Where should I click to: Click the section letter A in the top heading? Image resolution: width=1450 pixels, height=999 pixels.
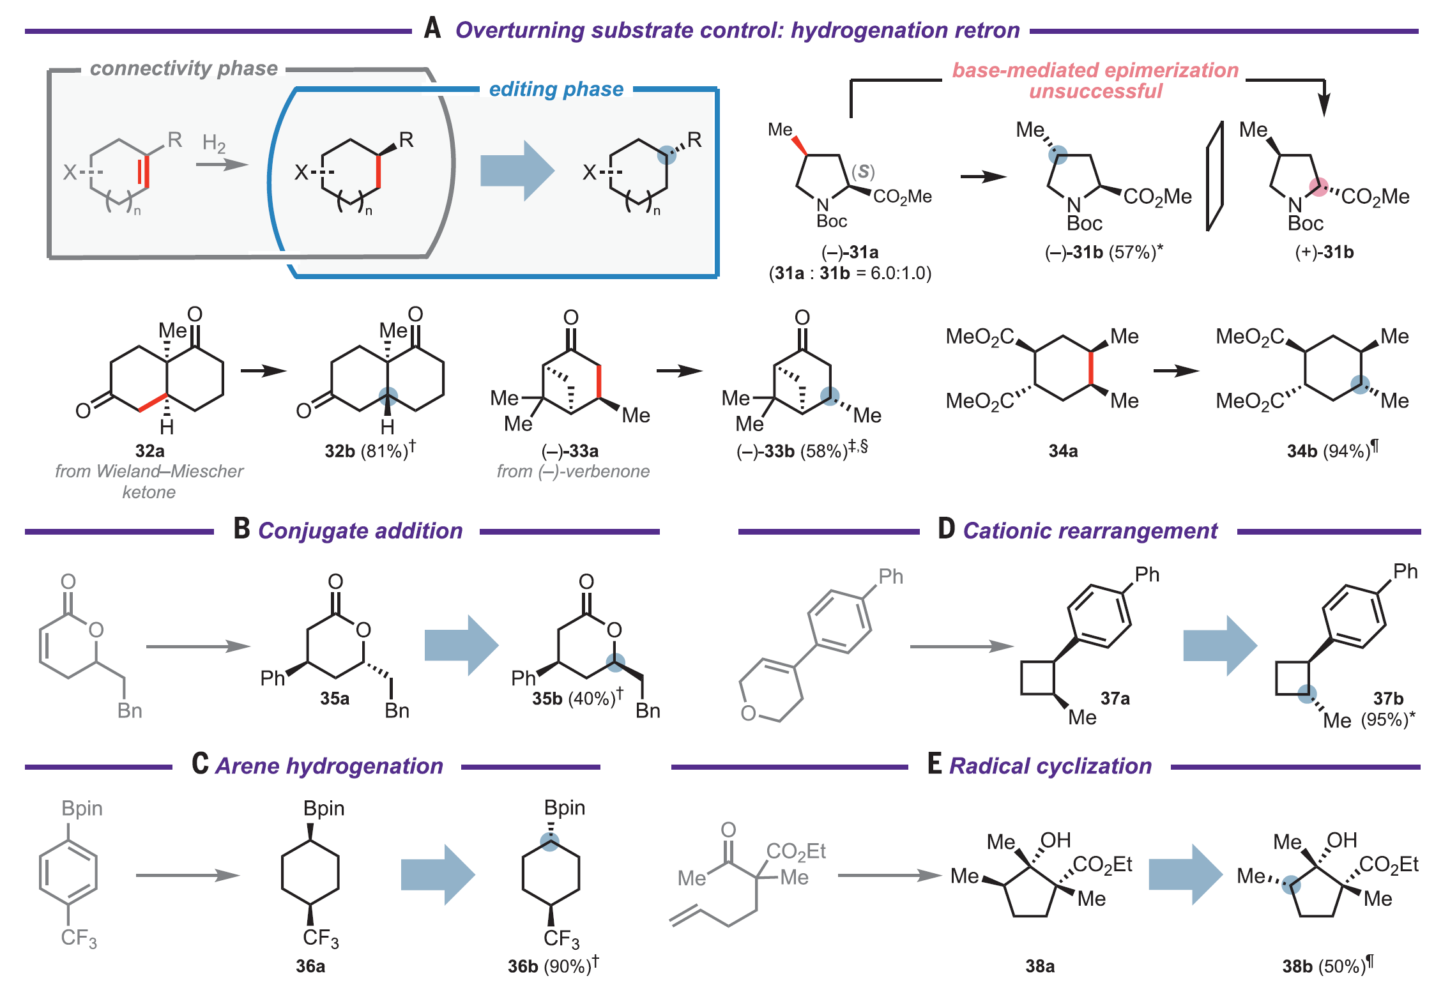432,29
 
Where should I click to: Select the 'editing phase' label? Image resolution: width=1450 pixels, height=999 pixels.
556,89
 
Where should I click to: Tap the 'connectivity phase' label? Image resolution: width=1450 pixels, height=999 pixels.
184,68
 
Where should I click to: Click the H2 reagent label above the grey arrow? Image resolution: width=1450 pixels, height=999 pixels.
214,144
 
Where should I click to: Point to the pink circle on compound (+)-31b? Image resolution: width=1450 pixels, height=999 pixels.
1318,187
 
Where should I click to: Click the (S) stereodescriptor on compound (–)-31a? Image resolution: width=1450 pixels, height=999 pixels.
863,171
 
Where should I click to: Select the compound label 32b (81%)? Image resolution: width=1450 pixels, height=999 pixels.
369,450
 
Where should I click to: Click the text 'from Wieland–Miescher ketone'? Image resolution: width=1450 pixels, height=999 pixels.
149,481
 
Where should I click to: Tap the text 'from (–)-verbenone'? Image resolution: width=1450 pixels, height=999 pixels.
573,471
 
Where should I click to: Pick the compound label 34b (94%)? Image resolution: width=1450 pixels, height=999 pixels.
1331,450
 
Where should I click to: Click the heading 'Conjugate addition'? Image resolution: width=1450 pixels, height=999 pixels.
360,531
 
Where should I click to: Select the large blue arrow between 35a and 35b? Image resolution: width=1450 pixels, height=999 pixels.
461,645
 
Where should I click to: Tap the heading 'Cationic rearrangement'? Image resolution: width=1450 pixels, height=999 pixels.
1090,531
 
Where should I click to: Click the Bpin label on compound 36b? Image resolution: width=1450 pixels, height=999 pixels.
565,808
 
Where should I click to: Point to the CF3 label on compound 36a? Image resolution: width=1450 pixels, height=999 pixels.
321,938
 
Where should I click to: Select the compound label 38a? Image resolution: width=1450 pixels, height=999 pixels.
1039,966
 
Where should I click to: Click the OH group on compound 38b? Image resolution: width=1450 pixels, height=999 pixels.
1341,841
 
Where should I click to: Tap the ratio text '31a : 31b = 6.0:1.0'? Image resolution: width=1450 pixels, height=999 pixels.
850,273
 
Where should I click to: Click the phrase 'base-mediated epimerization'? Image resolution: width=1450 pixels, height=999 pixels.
1095,70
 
